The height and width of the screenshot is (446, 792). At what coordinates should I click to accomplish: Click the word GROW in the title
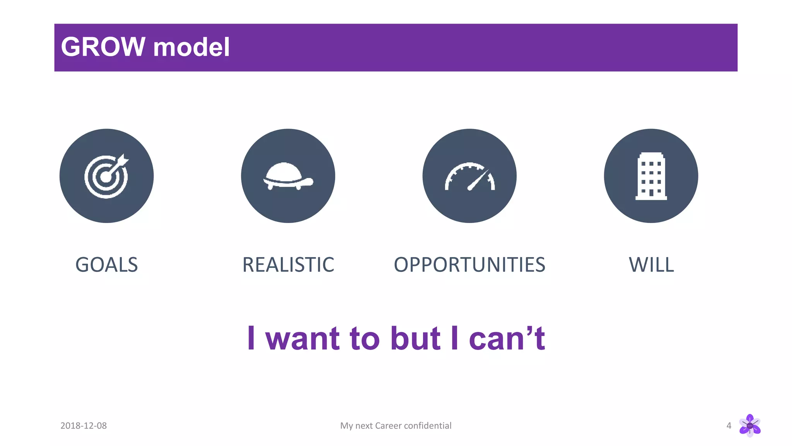click(103, 47)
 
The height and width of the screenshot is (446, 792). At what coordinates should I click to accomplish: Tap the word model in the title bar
click(191, 48)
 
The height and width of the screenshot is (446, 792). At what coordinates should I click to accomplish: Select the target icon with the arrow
click(106, 176)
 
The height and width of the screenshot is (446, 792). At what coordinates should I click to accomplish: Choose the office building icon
click(651, 176)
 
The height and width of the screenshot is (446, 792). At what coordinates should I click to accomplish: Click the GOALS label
click(106, 265)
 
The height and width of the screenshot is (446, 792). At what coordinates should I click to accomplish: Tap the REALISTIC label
click(288, 265)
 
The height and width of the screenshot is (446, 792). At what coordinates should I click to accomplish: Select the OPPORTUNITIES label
click(469, 265)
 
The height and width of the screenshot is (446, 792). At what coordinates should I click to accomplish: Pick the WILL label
click(651, 265)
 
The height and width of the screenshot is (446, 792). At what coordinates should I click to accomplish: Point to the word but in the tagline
click(415, 338)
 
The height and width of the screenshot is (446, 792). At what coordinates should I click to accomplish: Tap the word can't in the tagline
click(507, 338)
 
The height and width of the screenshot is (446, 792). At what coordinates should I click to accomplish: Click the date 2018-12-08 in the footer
click(84, 425)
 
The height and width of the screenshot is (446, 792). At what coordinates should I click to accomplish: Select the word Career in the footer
click(388, 425)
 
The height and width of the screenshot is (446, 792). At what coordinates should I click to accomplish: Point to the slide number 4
click(729, 425)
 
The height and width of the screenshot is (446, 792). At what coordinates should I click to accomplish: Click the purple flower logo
click(750, 425)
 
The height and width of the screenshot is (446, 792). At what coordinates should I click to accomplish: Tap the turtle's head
click(308, 181)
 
